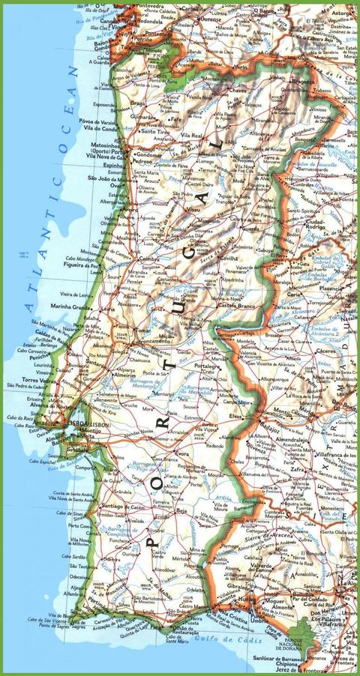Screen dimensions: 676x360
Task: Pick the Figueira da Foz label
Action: (82, 265)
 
